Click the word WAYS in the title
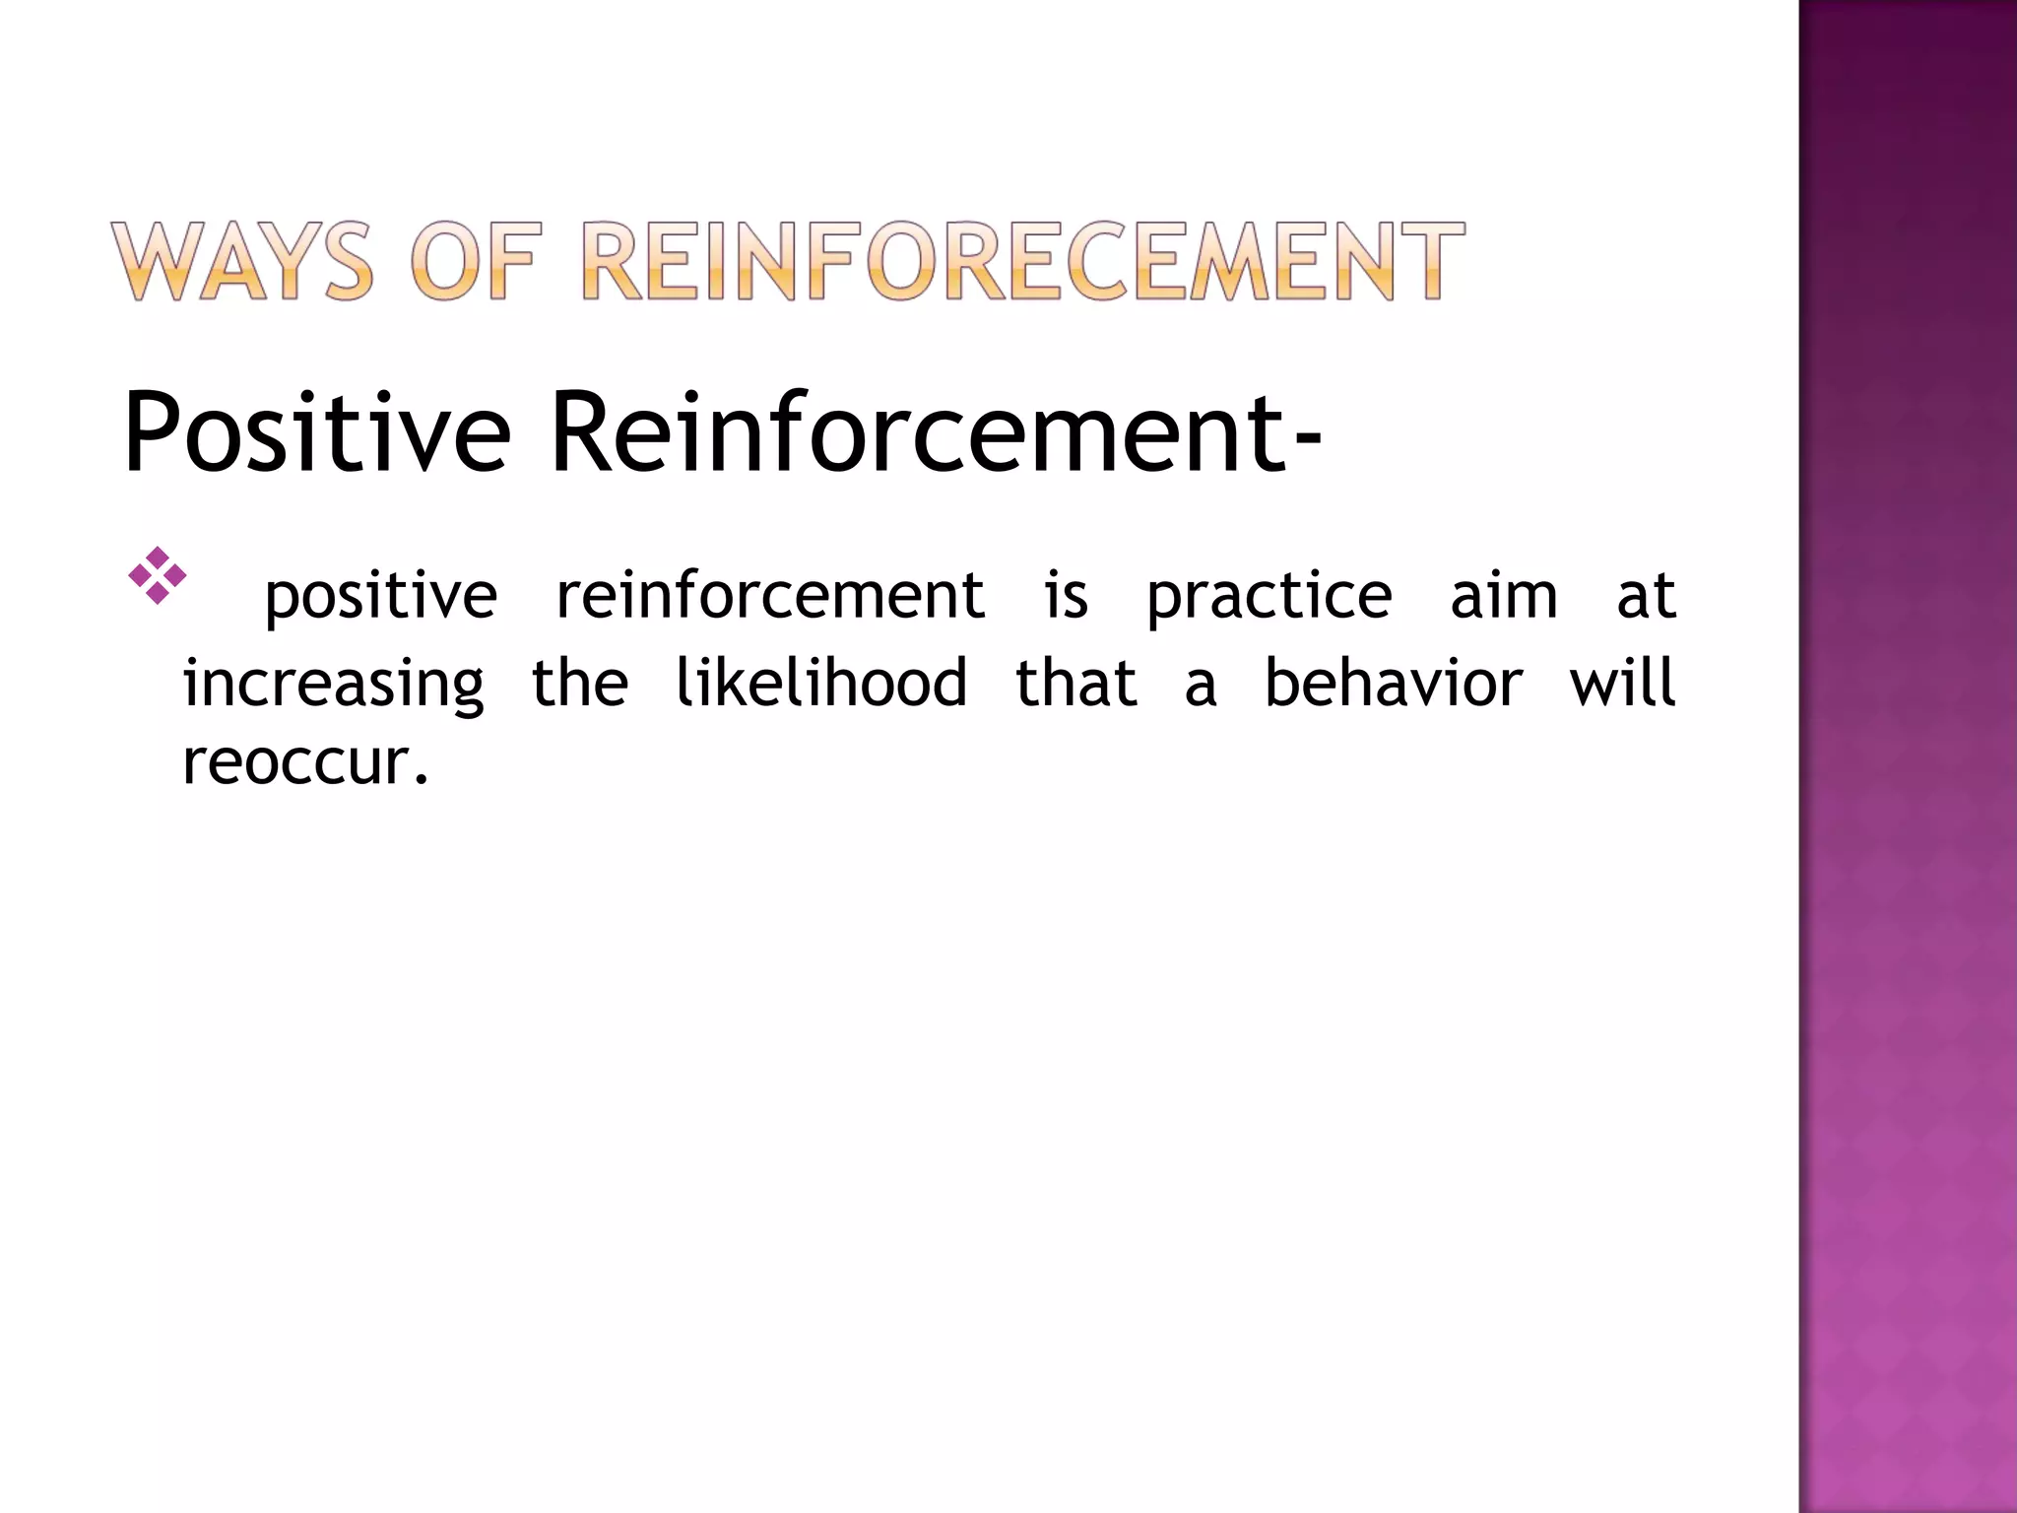242,261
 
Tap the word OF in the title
477,261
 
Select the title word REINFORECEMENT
1022,261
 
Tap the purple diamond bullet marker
158,575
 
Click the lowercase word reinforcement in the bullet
770,597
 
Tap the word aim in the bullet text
1504,596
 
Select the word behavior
1394,682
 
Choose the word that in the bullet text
1076,682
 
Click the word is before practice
1067,596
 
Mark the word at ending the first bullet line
1646,597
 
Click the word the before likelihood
579,682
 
